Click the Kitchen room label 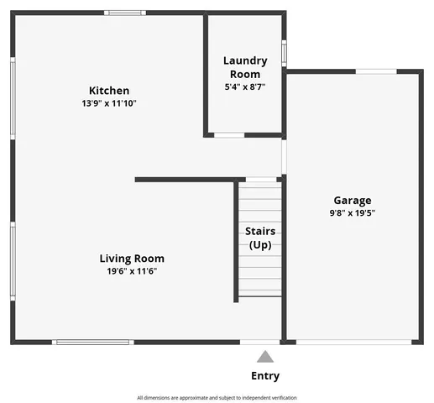(109, 91)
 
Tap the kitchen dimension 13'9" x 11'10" (109, 103)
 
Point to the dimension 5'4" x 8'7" (245, 86)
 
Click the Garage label (353, 201)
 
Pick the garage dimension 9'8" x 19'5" (353, 213)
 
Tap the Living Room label (132, 259)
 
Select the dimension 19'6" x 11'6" (132, 271)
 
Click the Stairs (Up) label (260, 238)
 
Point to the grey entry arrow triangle (265, 356)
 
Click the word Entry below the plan (265, 376)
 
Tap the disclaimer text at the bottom (217, 397)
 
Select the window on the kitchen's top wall (125, 13)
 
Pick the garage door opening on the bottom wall (354, 342)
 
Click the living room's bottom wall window (92, 342)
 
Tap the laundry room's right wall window (285, 53)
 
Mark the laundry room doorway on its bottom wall (229, 134)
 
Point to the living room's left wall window (13, 260)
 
